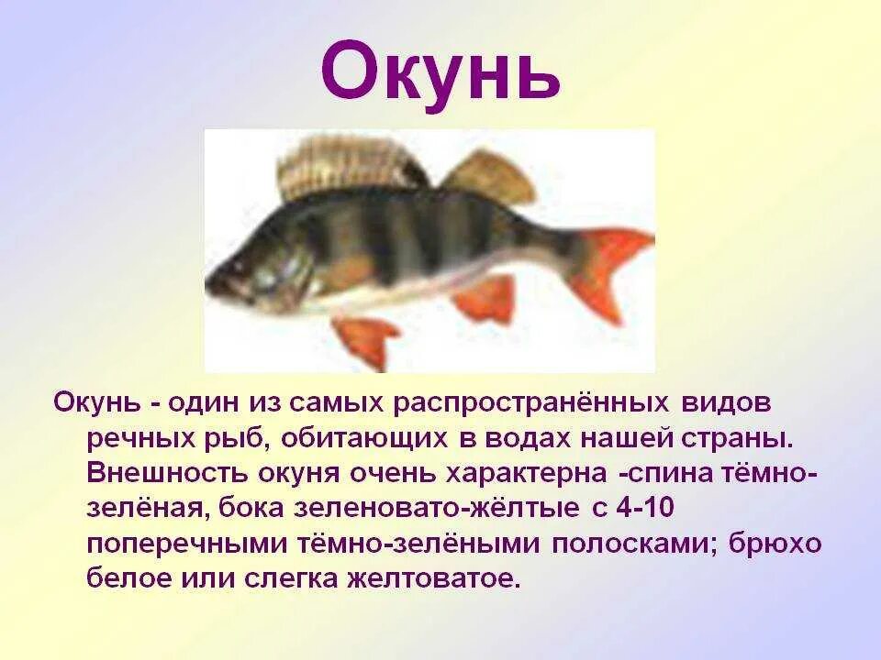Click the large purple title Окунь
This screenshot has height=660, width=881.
click(440, 71)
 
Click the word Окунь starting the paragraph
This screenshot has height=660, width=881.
click(96, 403)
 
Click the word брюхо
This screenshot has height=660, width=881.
click(775, 544)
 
